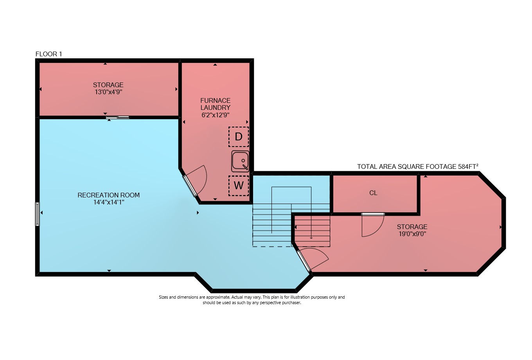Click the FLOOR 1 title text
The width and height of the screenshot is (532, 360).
coord(49,54)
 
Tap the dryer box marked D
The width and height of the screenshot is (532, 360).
coord(239,137)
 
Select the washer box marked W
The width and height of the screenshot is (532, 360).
coord(239,186)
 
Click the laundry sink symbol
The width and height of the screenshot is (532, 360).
coord(240,161)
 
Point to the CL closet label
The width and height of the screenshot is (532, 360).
coord(373,193)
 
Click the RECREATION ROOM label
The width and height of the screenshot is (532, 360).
coord(108,195)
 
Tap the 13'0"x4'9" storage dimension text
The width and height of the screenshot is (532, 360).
coord(108,92)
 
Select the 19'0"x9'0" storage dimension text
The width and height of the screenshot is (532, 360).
coord(412,234)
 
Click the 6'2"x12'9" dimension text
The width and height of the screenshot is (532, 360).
coord(216,115)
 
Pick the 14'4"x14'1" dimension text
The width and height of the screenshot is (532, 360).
coord(109,202)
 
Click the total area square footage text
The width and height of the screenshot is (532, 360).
coord(418,167)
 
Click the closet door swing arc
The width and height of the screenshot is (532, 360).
coord(373,226)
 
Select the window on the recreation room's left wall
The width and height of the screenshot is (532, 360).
coord(37,214)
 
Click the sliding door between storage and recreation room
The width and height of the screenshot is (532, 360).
coord(117,117)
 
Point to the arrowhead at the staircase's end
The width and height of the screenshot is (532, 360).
coord(311,238)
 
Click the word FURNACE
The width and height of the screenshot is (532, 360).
coord(216,100)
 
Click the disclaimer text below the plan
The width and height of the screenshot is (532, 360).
coord(252,300)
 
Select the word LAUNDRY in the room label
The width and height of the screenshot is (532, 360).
coord(216,108)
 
